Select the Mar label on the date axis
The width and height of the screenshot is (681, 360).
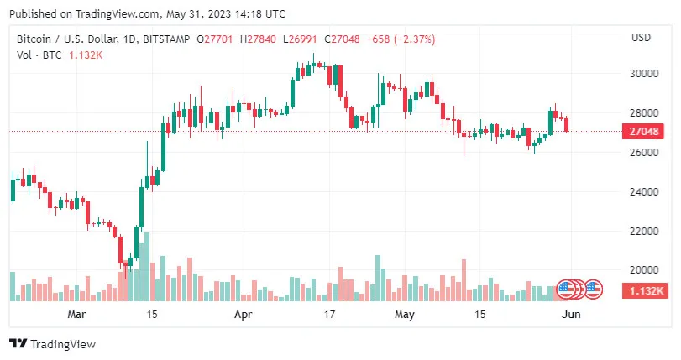(77, 315)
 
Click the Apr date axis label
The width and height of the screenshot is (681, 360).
(243, 315)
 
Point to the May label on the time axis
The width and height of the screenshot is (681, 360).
(405, 315)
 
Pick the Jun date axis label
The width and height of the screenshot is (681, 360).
(570, 315)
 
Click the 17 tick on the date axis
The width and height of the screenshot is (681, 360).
(330, 315)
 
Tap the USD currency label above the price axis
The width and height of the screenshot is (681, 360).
(642, 38)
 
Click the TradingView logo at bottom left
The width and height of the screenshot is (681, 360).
(52, 343)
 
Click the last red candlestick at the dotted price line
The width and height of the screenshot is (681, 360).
(568, 125)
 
